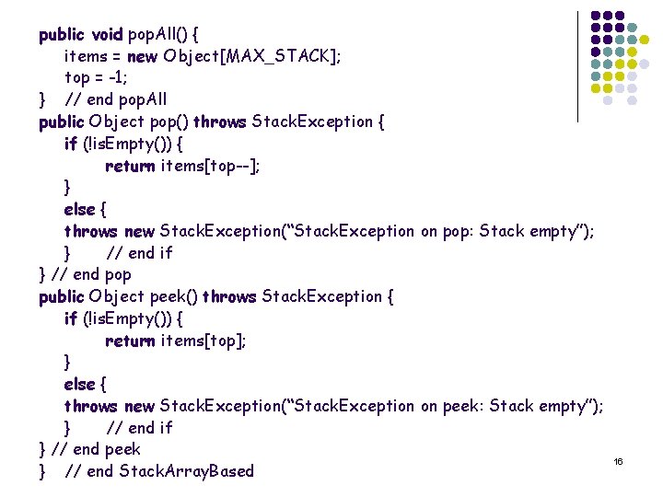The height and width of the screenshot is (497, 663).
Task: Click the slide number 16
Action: [619, 460]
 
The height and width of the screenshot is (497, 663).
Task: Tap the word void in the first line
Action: [107, 35]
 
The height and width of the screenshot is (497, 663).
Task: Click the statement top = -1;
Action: [96, 78]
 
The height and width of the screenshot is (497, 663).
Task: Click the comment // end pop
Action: [91, 274]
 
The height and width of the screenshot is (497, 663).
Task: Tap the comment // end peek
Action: [96, 449]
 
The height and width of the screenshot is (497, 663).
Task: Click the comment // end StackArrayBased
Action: [158, 471]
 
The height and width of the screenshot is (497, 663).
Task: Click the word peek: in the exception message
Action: [467, 406]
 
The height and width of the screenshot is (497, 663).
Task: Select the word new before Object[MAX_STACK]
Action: [142, 57]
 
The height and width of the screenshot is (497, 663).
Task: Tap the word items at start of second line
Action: [84, 57]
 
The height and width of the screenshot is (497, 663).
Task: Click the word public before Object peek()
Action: [62, 296]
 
